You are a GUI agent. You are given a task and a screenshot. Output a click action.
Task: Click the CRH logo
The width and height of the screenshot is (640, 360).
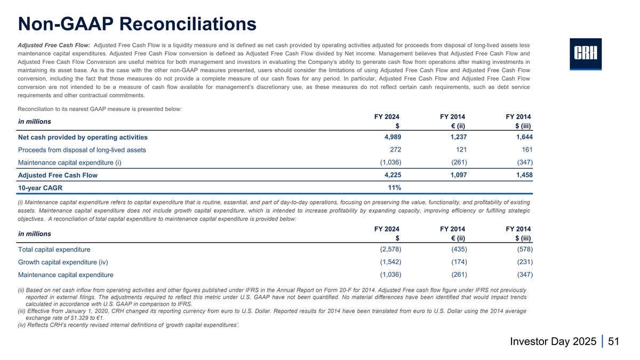pyautogui.click(x=586, y=54)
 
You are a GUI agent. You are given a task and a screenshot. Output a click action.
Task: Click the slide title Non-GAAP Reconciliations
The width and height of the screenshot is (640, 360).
pyautogui.click(x=137, y=23)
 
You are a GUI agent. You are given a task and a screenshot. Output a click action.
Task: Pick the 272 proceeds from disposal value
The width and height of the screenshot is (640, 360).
pyautogui.click(x=395, y=149)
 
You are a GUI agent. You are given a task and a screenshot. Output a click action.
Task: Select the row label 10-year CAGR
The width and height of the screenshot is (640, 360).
pyautogui.click(x=41, y=188)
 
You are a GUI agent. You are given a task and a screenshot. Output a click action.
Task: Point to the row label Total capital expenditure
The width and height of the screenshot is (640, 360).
pyautogui.click(x=54, y=250)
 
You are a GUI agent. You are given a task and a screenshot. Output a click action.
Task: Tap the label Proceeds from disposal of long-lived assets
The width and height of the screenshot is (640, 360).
pyautogui.click(x=82, y=150)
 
